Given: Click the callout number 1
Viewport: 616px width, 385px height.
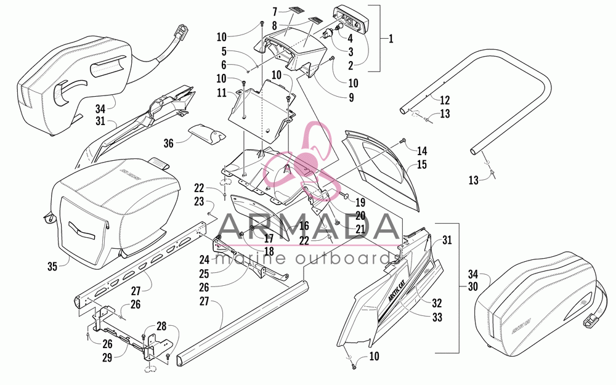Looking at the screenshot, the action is [391, 38].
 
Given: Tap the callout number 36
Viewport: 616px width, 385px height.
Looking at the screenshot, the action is [168, 144].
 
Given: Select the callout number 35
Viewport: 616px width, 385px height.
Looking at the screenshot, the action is [52, 266].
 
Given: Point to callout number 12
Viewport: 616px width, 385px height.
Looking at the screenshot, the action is [445, 100].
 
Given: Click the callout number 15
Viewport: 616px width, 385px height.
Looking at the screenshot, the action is [421, 164].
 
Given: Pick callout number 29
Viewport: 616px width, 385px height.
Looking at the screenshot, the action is [107, 357].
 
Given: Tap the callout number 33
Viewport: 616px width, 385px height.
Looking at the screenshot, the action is [437, 317].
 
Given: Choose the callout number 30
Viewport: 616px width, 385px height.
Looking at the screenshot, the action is [473, 286].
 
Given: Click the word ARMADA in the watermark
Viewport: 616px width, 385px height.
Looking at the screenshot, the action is [308, 227].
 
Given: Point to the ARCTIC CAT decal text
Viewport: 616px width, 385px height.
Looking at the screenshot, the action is [396, 290].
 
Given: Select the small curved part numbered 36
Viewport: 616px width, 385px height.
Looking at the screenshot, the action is [206, 134].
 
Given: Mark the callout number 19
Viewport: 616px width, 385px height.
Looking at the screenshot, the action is [360, 202].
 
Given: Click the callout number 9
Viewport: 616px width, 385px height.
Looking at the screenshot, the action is [351, 97].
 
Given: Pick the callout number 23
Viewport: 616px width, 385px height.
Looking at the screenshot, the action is [199, 201].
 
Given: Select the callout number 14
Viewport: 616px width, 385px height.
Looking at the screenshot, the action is [422, 151].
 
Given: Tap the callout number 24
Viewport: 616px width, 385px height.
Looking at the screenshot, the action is [205, 259].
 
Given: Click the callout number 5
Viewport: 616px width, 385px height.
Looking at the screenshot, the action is [224, 51].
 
